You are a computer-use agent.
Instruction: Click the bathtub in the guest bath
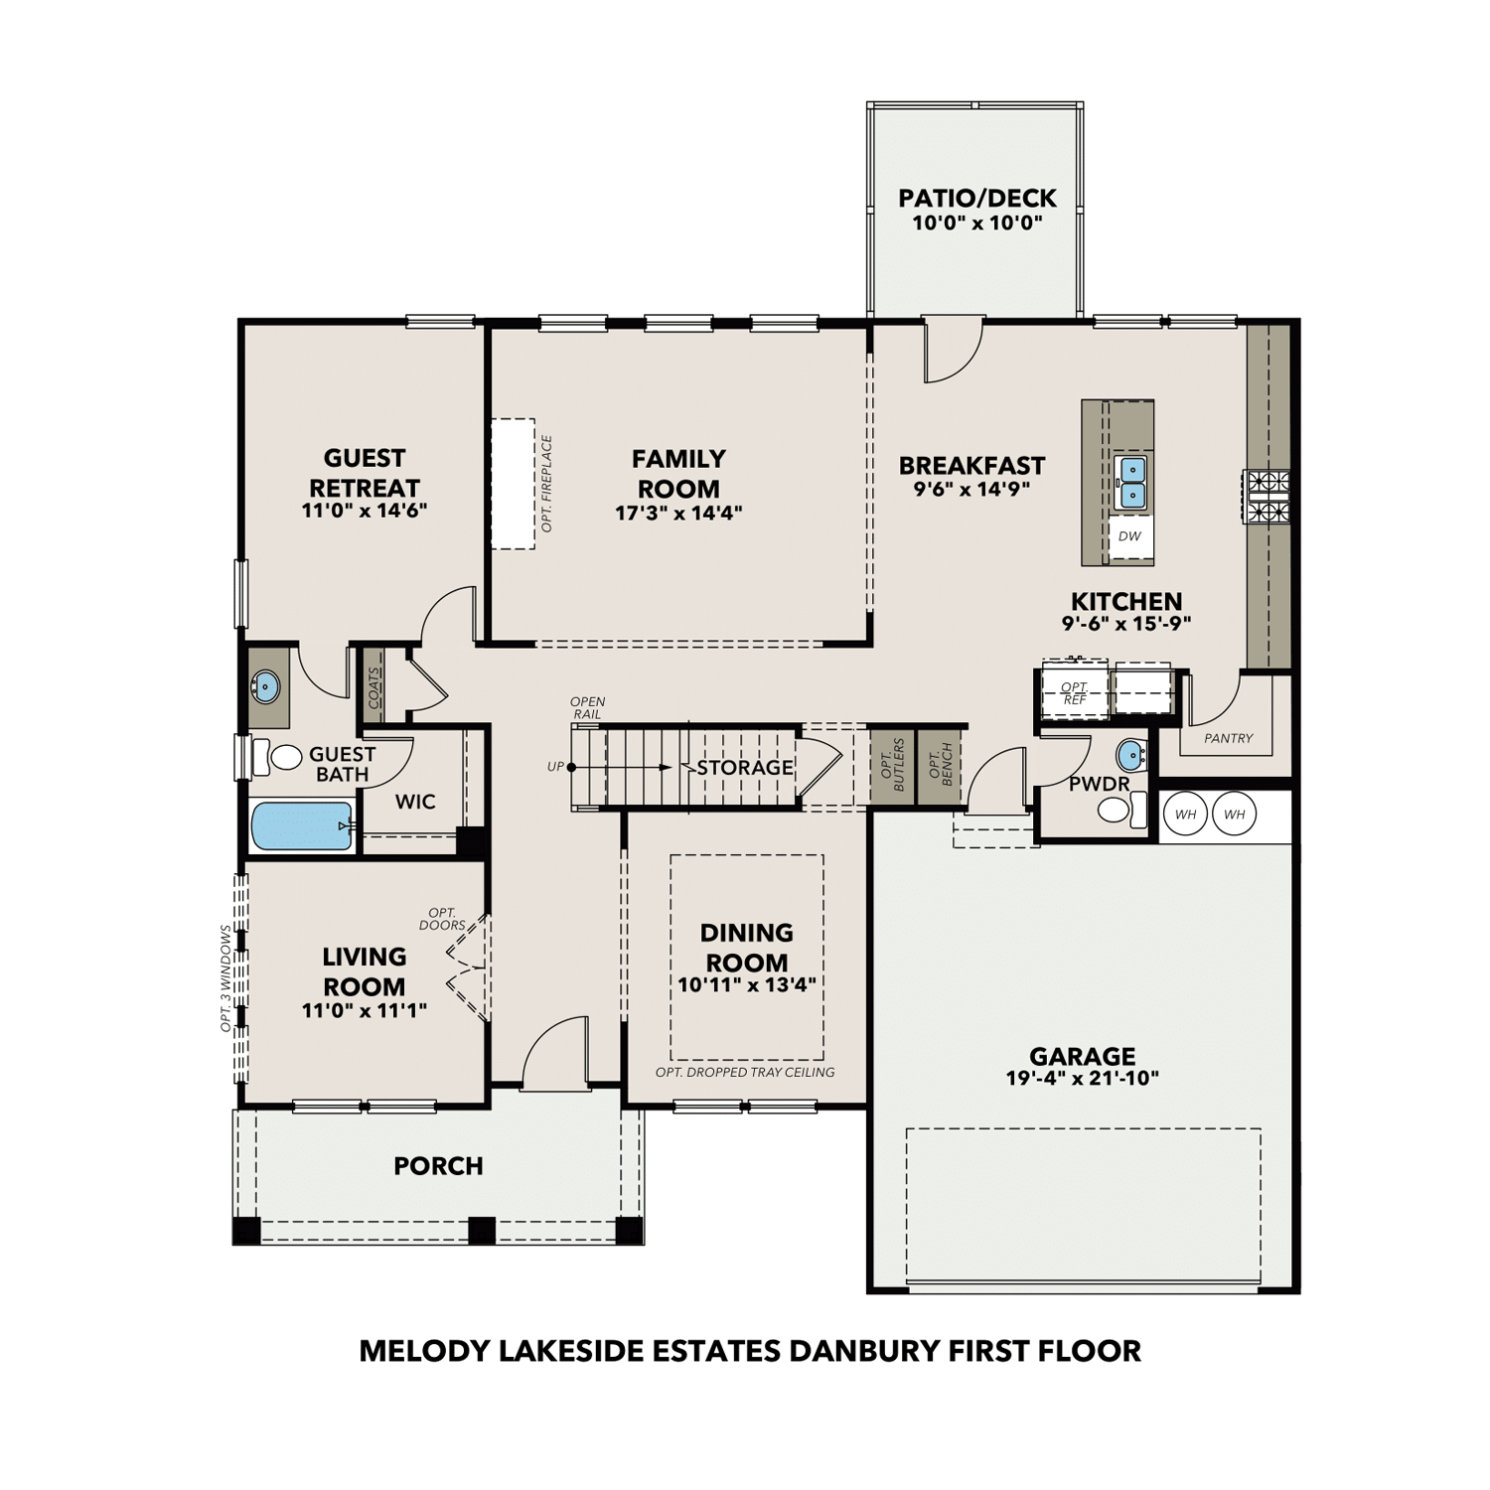point(301,826)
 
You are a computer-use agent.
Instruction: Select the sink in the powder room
point(1130,755)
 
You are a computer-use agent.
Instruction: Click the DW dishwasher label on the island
point(1129,536)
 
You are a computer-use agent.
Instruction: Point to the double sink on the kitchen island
point(1131,482)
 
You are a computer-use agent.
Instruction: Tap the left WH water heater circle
point(1185,815)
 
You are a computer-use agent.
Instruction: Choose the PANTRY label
point(1228,738)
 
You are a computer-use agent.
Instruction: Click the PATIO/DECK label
point(977,198)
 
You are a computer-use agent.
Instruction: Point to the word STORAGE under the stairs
point(744,768)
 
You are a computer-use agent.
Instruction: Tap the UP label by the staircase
point(555,767)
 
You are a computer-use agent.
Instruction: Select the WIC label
point(415,802)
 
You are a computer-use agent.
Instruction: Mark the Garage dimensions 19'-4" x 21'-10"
point(1082,1078)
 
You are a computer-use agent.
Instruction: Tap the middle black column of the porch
point(482,1230)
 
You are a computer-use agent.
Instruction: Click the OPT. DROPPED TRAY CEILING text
point(745,1073)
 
